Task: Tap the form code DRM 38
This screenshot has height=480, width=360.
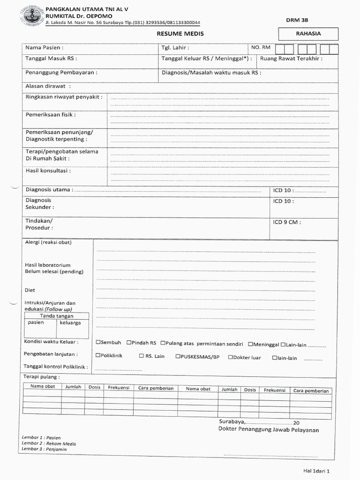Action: click(297, 20)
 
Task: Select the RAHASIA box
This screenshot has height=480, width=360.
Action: click(308, 34)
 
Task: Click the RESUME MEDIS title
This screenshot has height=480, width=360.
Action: click(180, 34)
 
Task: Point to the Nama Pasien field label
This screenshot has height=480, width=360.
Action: click(44, 48)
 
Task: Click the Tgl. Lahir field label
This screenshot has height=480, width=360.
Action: click(175, 48)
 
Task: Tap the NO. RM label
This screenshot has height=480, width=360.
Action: click(261, 47)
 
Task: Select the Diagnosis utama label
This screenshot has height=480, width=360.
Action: click(49, 190)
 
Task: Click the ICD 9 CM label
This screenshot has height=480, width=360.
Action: click(287, 222)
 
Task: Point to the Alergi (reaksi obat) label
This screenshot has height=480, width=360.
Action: click(48, 242)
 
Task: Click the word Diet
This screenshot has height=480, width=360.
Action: click(30, 290)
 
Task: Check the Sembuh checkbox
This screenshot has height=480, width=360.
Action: click(98, 343)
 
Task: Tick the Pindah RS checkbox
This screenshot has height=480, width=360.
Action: click(129, 343)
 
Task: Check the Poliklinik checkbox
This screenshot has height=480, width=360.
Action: click(98, 356)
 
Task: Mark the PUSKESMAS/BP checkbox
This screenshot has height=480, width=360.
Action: click(178, 356)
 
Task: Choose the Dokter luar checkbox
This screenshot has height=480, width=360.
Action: click(230, 357)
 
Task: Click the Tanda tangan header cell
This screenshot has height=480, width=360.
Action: click(56, 316)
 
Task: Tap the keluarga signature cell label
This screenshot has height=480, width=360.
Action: click(70, 323)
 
